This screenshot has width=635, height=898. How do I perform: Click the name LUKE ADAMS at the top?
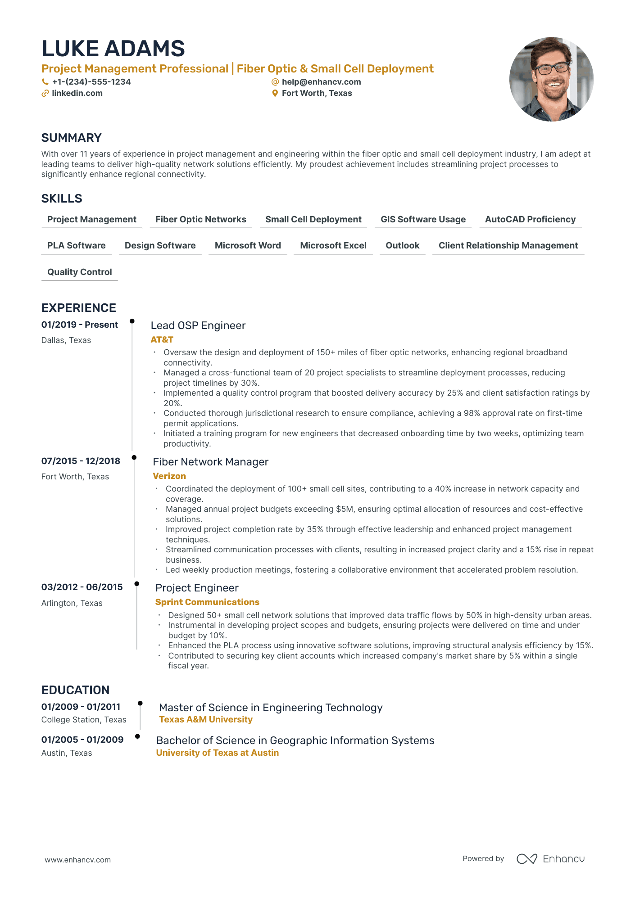point(113,49)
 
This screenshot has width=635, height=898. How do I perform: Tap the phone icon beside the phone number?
point(45,82)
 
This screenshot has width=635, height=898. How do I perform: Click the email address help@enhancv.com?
point(321,82)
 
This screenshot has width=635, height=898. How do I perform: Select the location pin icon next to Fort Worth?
point(275,93)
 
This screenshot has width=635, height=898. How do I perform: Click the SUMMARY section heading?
point(71,138)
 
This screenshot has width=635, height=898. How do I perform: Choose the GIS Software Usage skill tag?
point(423,220)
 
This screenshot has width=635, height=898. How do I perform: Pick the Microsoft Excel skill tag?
point(333,246)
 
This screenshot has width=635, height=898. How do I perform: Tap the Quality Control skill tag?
point(79,272)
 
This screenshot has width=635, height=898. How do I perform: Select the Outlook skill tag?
point(402,246)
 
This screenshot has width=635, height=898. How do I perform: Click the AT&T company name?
point(162,340)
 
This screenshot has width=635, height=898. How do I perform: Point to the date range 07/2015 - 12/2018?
point(81,461)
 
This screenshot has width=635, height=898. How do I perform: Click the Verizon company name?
point(169,476)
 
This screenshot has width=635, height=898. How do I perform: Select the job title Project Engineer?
point(197,588)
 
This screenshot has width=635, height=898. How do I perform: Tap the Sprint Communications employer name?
point(207,602)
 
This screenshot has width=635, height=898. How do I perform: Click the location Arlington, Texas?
point(72,603)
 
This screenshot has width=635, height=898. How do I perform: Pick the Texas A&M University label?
point(206,720)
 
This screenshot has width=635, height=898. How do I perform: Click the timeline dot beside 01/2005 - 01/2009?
point(137,736)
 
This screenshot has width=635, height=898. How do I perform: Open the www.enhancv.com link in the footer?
point(77,860)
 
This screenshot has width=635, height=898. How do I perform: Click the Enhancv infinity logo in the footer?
point(526,859)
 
